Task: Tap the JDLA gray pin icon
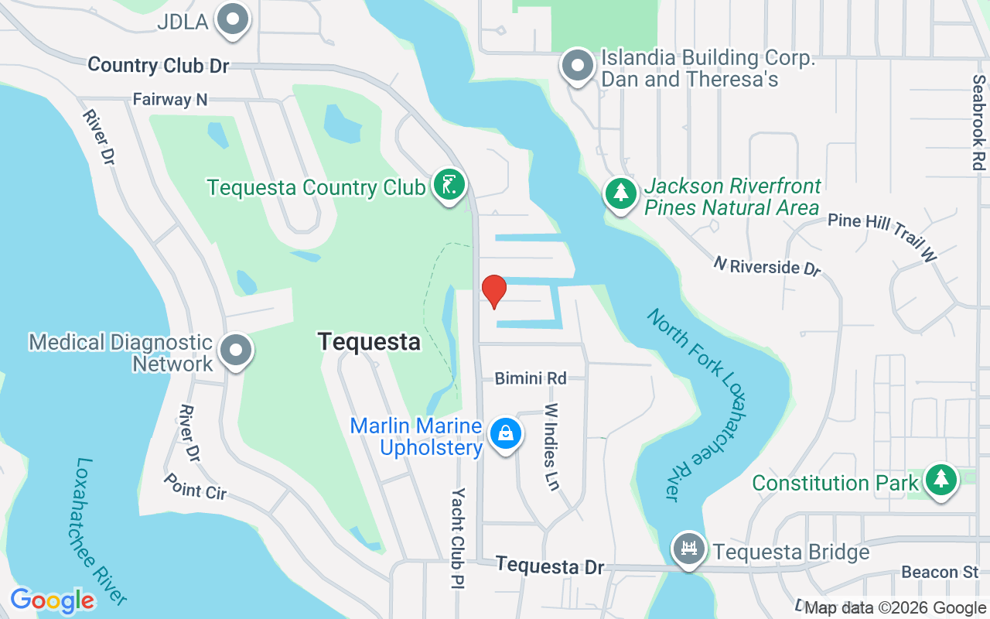pyautogui.click(x=232, y=21)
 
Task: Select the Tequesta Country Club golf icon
pyautogui.click(x=449, y=186)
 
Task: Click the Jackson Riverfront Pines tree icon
pyautogui.click(x=620, y=193)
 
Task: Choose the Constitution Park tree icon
pyautogui.click(x=940, y=480)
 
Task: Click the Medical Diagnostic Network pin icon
pyautogui.click(x=237, y=351)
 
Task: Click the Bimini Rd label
pyautogui.click(x=531, y=378)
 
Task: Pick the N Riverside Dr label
pyautogui.click(x=766, y=266)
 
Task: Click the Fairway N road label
pyautogui.click(x=170, y=100)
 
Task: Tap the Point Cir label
pyautogui.click(x=195, y=486)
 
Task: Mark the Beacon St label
pyautogui.click(x=940, y=573)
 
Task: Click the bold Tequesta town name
pyautogui.click(x=369, y=341)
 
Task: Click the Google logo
pyautogui.click(x=53, y=600)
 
